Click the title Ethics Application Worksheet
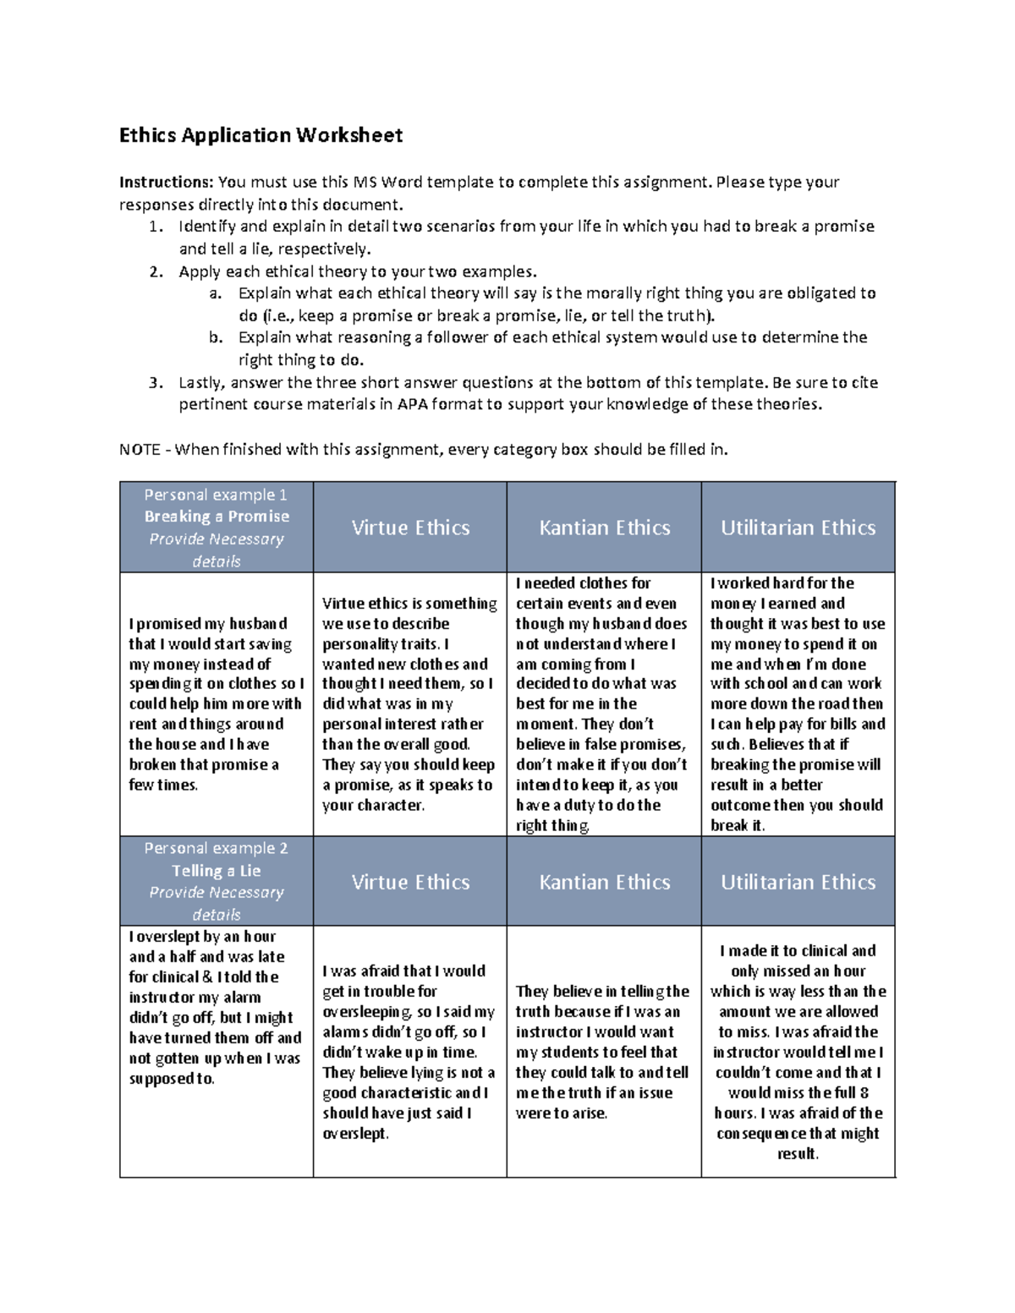[261, 135]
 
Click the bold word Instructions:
[166, 183]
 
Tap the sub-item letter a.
[216, 293]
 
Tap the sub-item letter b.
[216, 337]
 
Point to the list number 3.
[155, 382]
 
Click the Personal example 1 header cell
[216, 527]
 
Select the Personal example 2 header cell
[216, 881]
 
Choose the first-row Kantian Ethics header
[604, 528]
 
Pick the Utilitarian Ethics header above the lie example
[798, 882]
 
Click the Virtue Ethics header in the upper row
[410, 528]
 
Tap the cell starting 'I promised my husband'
[216, 703]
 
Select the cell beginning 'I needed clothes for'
[603, 703]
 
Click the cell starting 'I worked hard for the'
[798, 703]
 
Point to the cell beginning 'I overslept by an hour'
[216, 1007]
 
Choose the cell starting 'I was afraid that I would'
[409, 1052]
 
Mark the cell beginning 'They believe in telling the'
[603, 1052]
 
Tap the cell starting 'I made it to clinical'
[798, 1052]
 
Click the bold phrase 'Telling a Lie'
[216, 871]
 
